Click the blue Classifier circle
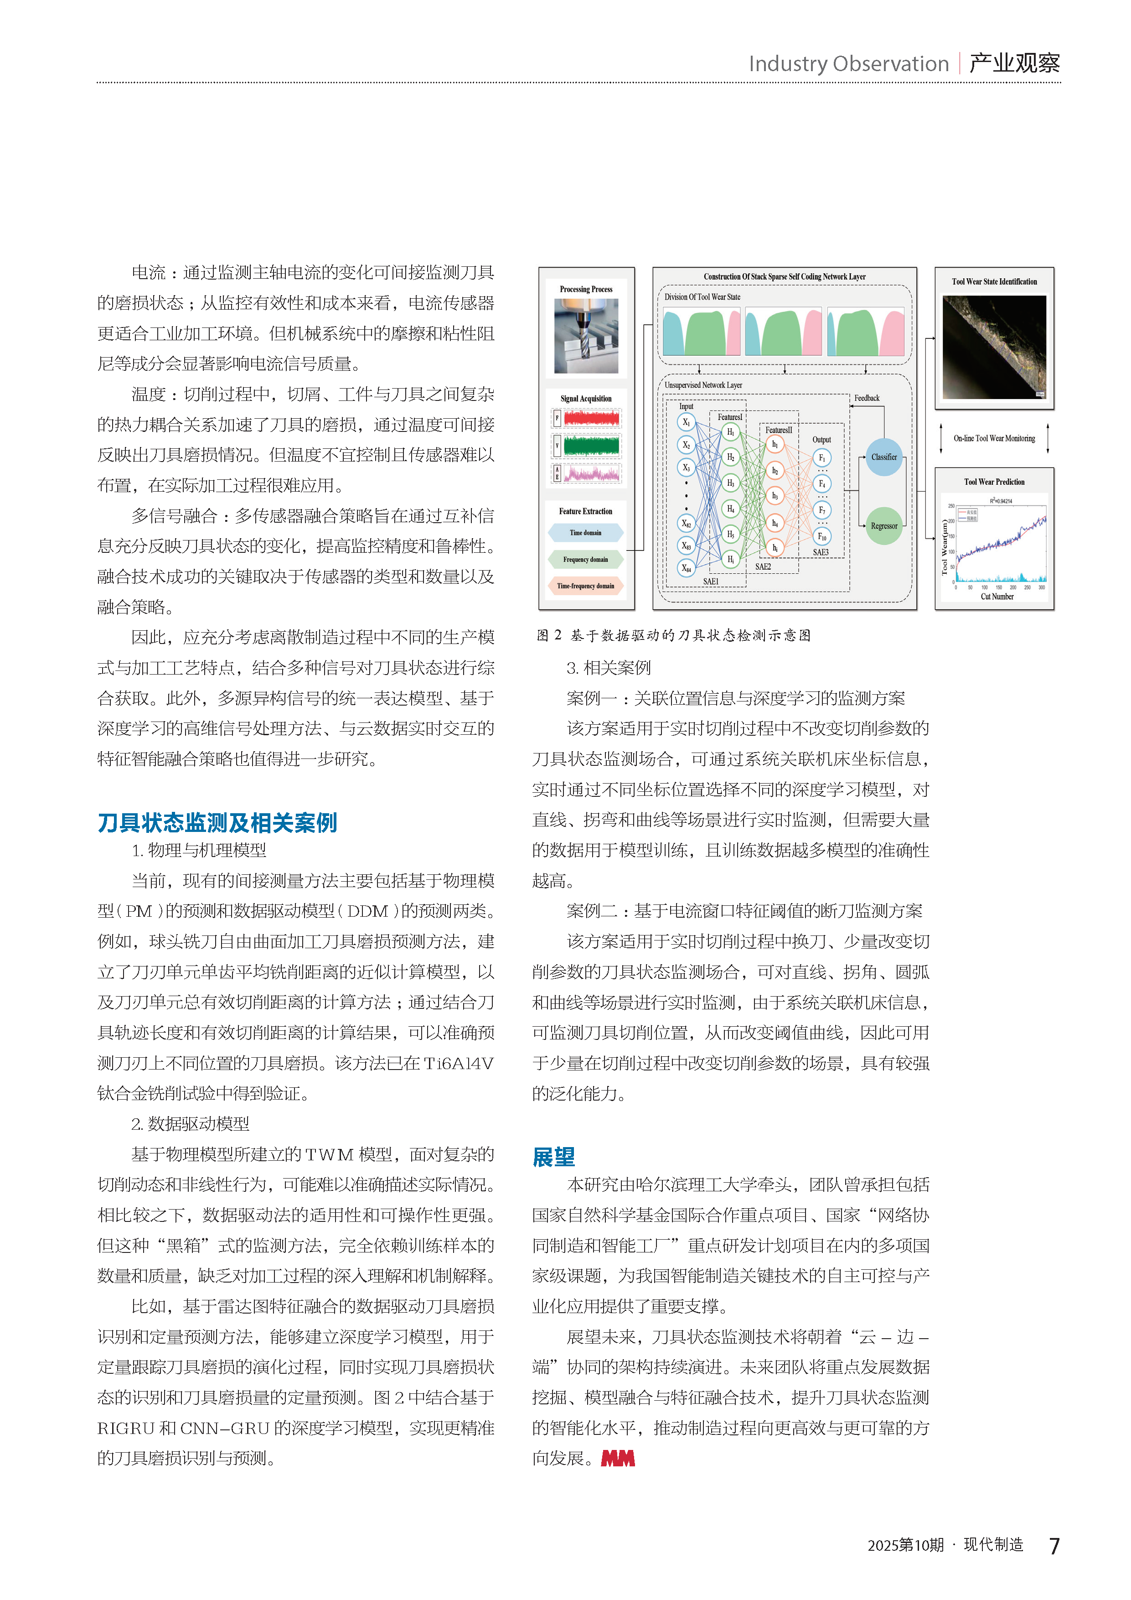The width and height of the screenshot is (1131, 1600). point(884,457)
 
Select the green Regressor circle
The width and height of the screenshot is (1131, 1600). point(884,525)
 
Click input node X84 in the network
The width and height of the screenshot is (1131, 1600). point(686,568)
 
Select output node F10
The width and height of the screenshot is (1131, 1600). point(822,536)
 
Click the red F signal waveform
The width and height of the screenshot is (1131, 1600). point(591,419)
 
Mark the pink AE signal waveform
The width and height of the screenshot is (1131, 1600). point(591,474)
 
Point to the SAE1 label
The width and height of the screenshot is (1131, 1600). point(710,581)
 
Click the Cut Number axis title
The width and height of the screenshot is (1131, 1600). point(997,597)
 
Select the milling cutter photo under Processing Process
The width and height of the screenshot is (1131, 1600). point(586,336)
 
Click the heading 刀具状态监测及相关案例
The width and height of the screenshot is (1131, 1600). point(217,822)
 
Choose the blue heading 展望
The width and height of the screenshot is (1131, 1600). point(554,1157)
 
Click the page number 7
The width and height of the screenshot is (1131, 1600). point(1054,1546)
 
